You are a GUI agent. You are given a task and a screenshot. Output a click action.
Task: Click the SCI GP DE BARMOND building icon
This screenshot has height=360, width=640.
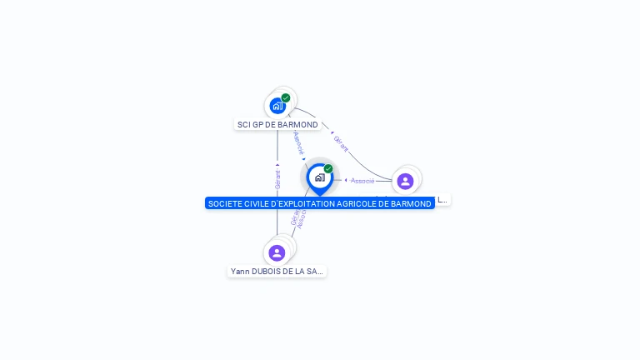(x=277, y=107)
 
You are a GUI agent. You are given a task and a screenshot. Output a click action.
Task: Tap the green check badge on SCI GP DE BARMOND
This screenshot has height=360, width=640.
(x=286, y=97)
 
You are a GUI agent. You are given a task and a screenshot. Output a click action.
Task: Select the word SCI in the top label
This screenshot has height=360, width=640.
(x=243, y=125)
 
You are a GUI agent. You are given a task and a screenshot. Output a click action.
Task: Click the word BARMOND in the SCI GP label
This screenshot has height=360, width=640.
(x=301, y=125)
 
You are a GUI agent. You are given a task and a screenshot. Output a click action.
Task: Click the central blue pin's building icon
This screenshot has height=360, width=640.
(x=319, y=177)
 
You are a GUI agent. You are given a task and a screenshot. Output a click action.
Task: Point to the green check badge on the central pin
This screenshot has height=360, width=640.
(x=328, y=168)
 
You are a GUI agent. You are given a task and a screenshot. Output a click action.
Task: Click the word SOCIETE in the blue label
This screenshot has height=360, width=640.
(x=223, y=203)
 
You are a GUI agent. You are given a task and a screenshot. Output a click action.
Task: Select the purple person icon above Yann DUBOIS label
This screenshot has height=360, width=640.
(x=277, y=252)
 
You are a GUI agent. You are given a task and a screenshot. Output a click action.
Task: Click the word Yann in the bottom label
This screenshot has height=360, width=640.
(x=239, y=272)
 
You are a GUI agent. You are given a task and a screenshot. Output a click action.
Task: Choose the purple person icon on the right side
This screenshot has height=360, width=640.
(x=405, y=181)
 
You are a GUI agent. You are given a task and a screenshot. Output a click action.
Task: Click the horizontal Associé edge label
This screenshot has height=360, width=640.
(x=362, y=180)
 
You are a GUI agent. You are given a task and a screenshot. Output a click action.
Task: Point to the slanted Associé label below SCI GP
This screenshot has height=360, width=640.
(x=299, y=142)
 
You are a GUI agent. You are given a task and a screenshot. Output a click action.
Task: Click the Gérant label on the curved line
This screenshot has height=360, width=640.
(x=340, y=143)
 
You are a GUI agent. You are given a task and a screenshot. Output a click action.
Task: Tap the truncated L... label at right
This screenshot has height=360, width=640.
(x=442, y=200)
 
